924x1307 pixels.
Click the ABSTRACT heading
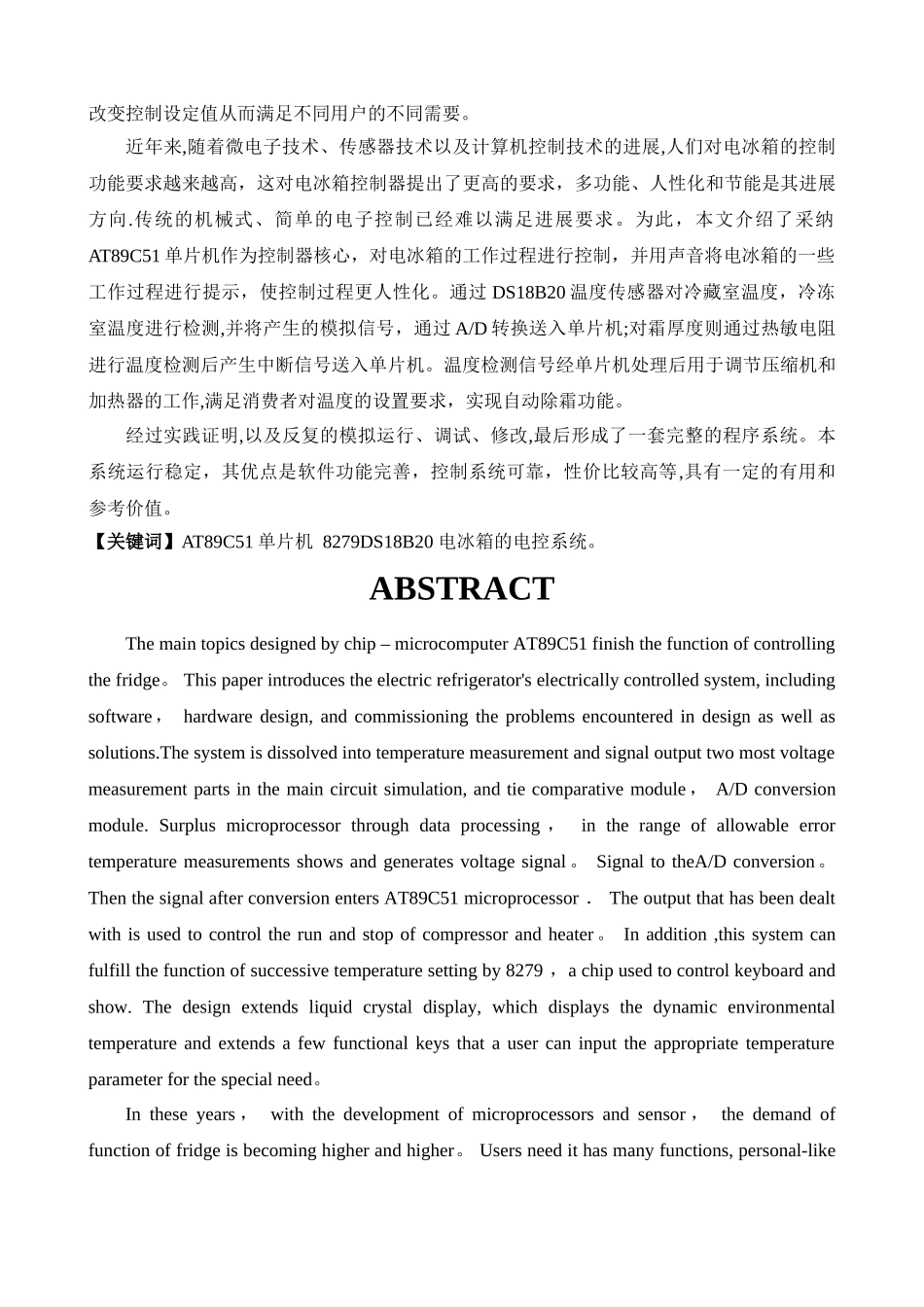tap(461, 589)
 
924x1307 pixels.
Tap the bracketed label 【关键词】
tap(134, 543)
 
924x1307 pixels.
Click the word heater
tap(571, 935)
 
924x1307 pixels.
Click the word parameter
tap(125, 1079)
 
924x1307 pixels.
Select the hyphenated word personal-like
tap(787, 1150)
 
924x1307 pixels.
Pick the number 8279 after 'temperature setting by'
tap(524, 971)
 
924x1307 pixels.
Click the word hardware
tap(219, 717)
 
